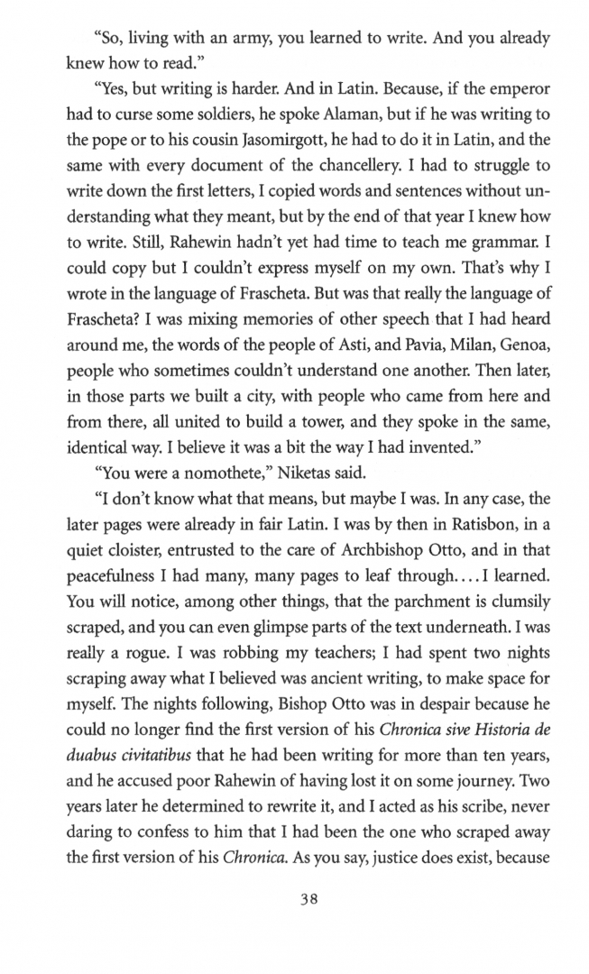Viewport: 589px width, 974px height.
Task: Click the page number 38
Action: click(294, 906)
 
